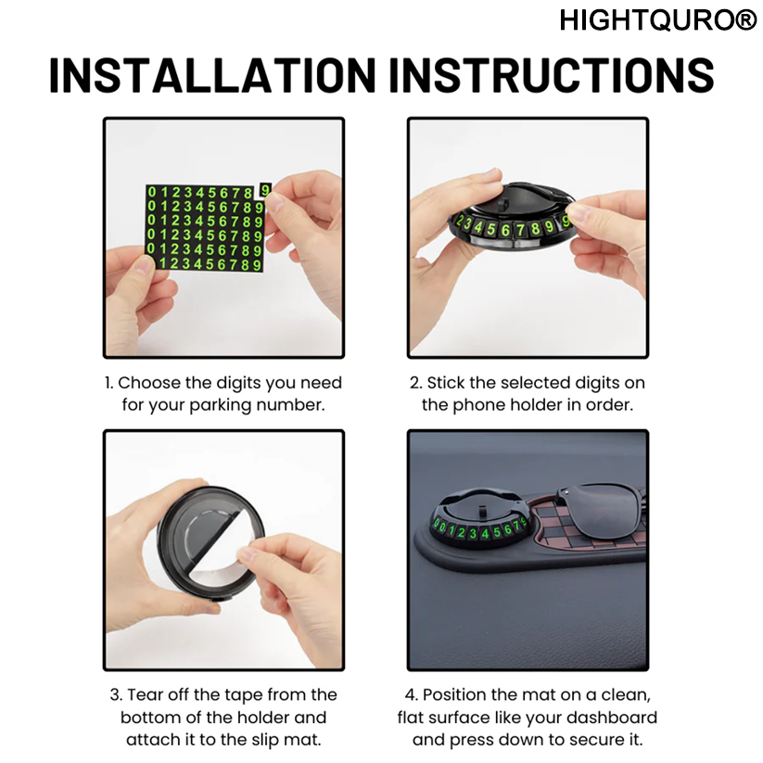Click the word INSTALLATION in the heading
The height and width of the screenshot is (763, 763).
tap(212, 75)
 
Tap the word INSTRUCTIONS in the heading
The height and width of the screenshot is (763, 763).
tap(552, 75)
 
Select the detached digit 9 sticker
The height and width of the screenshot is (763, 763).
tap(265, 190)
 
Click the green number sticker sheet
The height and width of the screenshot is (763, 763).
tap(204, 228)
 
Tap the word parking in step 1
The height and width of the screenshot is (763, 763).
tap(221, 405)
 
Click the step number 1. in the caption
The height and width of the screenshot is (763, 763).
tap(109, 383)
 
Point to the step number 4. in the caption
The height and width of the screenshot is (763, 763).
tap(412, 695)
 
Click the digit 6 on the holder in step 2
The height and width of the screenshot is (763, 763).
tap(505, 230)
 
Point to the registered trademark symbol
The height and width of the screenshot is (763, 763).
tap(747, 20)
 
